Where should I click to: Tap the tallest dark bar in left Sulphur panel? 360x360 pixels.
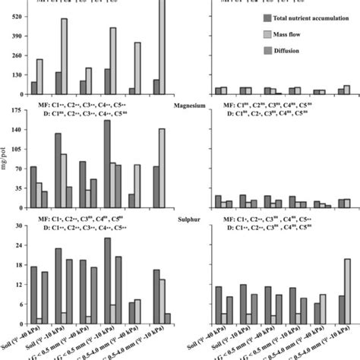click(107, 281)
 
